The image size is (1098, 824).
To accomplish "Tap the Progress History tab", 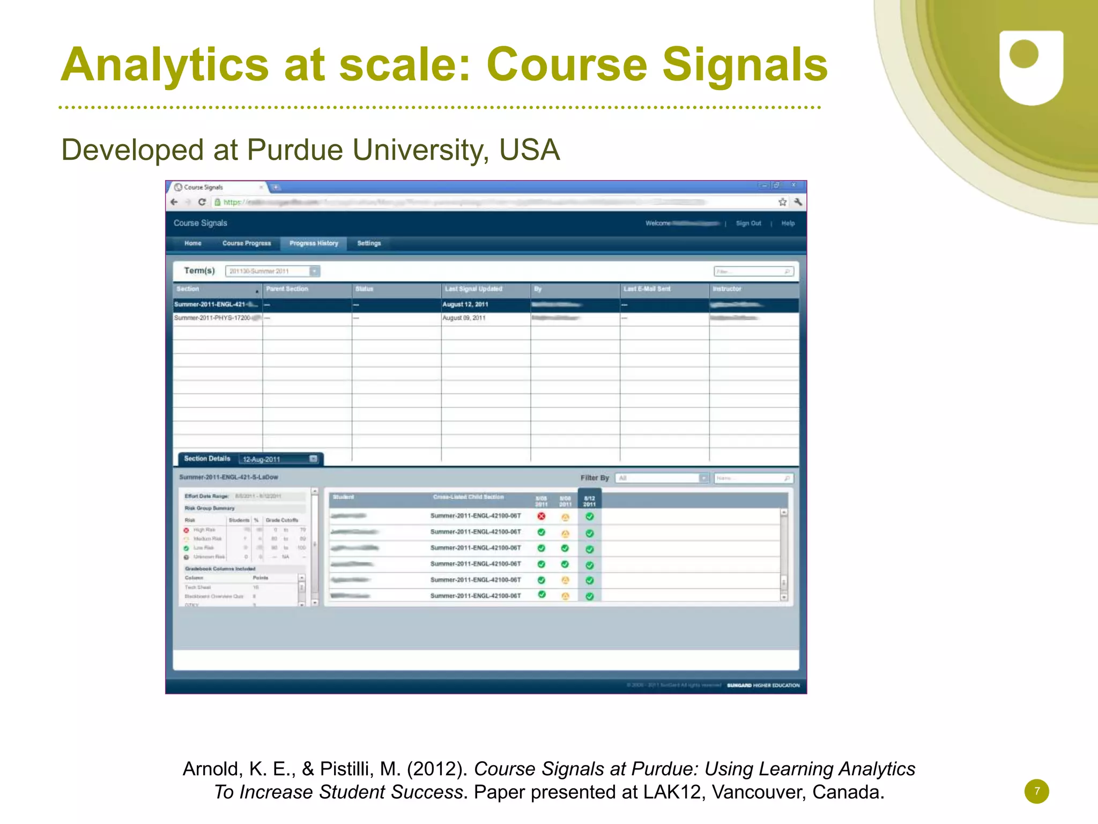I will pos(314,243).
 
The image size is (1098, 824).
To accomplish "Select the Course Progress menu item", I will pos(247,243).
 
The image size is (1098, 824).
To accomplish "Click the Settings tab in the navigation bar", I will pos(369,243).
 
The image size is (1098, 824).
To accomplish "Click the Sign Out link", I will pos(748,224).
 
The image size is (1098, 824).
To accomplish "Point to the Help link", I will pos(788,224).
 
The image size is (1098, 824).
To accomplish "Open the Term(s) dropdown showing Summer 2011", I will pos(272,271).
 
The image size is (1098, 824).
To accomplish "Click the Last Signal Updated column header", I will pos(473,289).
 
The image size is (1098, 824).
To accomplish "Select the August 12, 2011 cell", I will pos(465,305).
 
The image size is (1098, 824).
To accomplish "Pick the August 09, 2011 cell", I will pos(464,318).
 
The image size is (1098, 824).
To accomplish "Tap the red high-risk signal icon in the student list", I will pos(541,516).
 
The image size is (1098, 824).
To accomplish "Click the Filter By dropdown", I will pos(662,478).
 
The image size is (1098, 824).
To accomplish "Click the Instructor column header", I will pos(726,289).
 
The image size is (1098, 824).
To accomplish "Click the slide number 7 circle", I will pos(1036,791).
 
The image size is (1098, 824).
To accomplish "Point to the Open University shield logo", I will pos(1031,67).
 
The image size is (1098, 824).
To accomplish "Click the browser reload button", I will pos(202,202).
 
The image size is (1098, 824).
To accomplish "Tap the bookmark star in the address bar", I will pos(783,202).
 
